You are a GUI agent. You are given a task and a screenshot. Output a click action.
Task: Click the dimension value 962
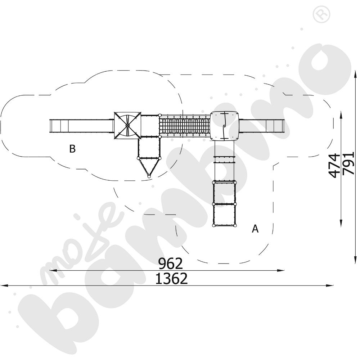click(x=171, y=264)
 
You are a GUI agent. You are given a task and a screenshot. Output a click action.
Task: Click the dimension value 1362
click(x=171, y=279)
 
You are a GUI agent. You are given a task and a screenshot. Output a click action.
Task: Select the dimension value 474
click(x=334, y=166)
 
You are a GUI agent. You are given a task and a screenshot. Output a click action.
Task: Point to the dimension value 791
click(x=348, y=163)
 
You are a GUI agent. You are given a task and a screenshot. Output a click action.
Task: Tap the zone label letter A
click(x=255, y=229)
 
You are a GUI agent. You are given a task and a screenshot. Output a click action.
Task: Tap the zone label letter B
click(x=72, y=149)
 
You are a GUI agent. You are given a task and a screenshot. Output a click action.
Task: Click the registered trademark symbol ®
click(x=321, y=14)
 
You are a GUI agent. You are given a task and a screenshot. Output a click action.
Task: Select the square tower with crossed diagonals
click(x=127, y=126)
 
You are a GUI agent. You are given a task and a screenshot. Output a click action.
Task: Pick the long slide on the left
click(x=81, y=126)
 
